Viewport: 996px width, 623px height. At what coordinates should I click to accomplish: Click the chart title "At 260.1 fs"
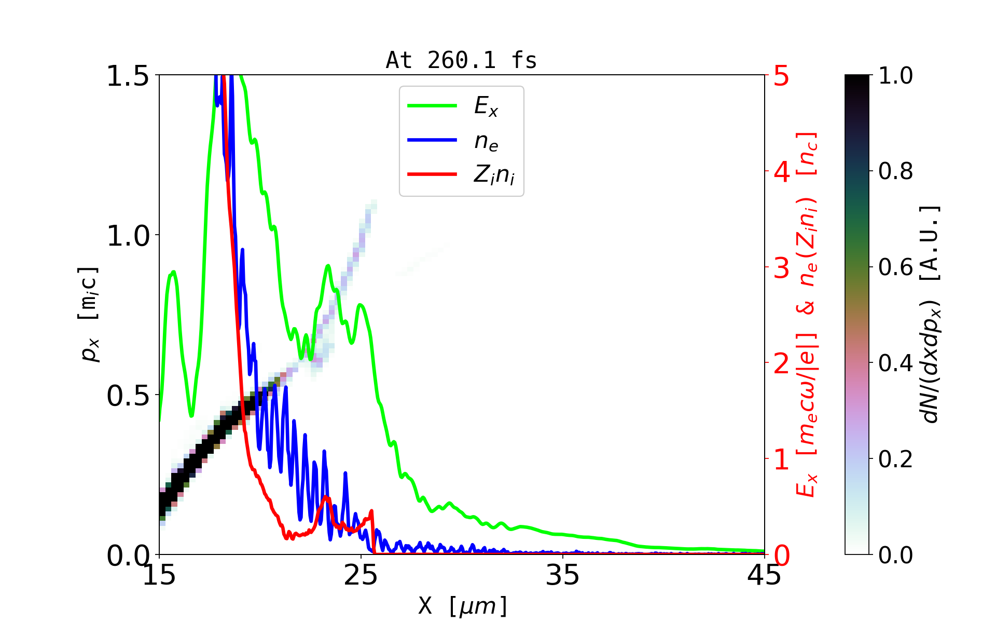461,61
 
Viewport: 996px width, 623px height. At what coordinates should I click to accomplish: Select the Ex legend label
486,106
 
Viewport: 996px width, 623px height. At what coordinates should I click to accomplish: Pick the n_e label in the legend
486,141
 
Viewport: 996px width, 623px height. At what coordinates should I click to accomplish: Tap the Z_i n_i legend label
494,175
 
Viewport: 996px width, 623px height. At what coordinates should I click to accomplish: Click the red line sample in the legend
432,174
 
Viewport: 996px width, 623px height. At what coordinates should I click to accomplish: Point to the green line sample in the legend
432,105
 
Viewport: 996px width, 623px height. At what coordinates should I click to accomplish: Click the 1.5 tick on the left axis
128,76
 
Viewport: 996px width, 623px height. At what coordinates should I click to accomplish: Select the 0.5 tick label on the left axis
128,396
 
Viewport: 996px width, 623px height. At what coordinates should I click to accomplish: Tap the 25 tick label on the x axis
361,575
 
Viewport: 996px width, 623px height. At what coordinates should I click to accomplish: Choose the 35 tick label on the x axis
563,575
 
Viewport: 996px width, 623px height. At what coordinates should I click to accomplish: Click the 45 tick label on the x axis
764,575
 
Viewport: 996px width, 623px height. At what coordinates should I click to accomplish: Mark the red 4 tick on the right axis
782,172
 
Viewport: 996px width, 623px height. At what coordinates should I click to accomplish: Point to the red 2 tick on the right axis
782,364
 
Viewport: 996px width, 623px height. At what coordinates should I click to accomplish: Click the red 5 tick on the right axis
782,76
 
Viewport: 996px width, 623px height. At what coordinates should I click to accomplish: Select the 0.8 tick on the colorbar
895,171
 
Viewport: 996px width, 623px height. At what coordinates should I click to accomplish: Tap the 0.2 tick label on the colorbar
895,459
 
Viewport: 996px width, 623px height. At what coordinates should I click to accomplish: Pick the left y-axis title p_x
89,314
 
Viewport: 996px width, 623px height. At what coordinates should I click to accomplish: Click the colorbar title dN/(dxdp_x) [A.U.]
932,314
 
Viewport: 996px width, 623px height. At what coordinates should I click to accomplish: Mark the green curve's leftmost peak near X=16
173,272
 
